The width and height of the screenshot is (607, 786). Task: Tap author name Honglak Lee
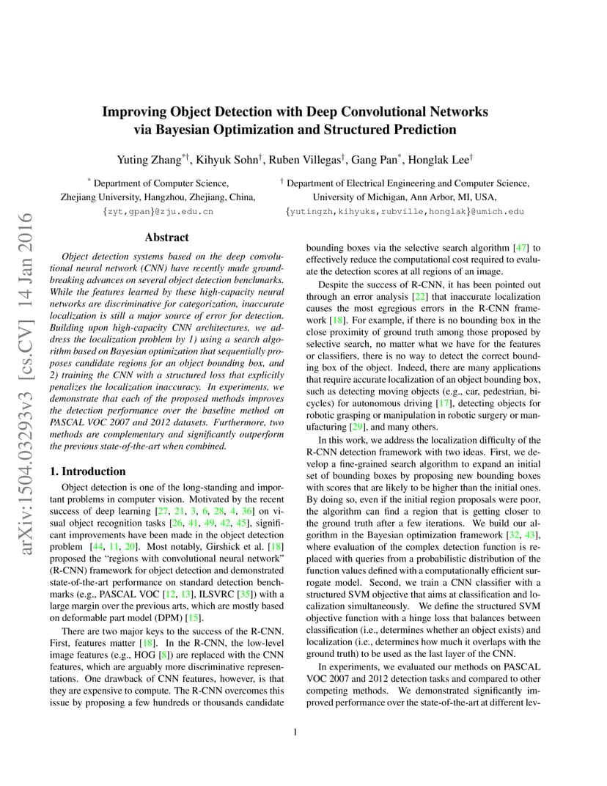click(x=436, y=160)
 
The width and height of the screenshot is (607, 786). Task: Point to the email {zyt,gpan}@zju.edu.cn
click(x=158, y=211)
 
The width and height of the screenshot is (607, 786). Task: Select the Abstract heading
click(x=166, y=238)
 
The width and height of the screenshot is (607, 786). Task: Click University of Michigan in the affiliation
click(x=358, y=197)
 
